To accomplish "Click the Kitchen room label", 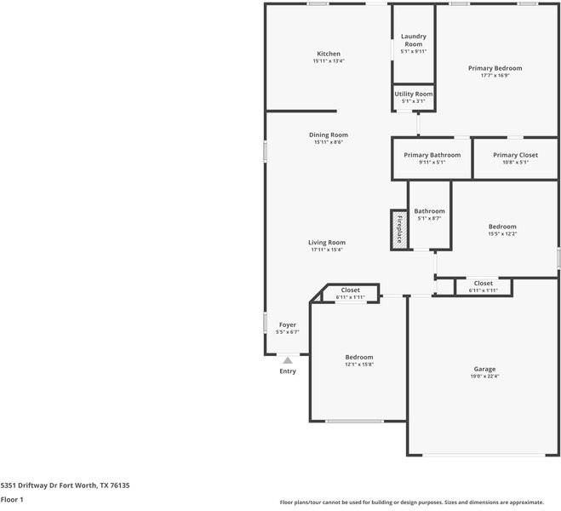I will pos(329,54).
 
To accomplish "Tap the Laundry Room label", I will pos(414,40).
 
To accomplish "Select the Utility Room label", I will pos(414,94).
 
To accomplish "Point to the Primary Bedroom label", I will pos(495,68).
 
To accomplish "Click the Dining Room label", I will pos(329,135).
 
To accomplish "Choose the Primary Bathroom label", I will pos(432,155).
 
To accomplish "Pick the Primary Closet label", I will pos(516,155).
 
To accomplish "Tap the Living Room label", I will pos(327,243).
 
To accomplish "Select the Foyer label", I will pos(288,324).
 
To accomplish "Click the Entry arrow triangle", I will pos(288,360).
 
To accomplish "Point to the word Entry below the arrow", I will pos(288,371).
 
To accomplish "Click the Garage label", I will pos(484,369).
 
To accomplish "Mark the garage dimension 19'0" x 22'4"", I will pos(484,376).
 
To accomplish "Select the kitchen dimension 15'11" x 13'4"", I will pos(329,61).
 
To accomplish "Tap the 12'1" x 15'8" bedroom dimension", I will pos(358,365).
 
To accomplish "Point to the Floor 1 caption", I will pos(12,500).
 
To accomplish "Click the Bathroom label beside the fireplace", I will pos(429,211).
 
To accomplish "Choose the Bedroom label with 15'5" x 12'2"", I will pos(502,227).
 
